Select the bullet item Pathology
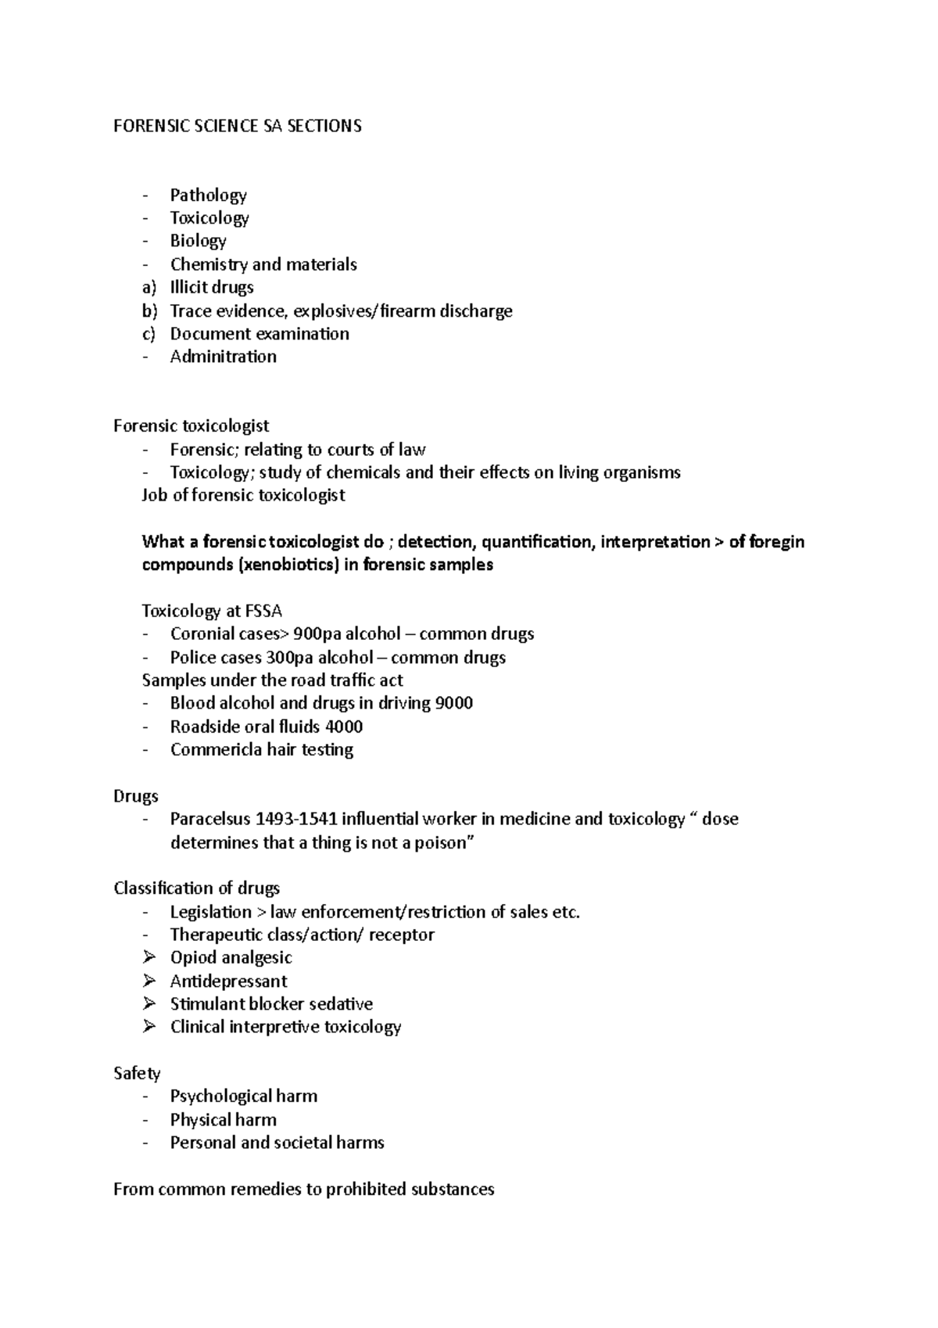(208, 195)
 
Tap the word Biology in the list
(199, 241)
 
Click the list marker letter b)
(149, 310)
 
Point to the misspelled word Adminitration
(224, 357)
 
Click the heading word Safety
(137, 1074)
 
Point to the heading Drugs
(136, 796)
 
